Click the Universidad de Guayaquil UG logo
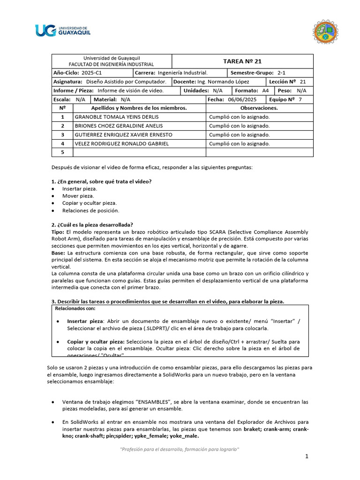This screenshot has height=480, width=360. point(62,30)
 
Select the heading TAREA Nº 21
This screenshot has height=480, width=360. point(242,61)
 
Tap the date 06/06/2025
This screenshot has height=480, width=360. point(242,99)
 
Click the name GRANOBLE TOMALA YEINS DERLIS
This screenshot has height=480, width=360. point(117,117)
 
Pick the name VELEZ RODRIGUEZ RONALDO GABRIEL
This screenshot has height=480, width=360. point(122,143)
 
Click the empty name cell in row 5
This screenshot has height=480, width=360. point(139,152)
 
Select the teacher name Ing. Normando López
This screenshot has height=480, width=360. point(223,82)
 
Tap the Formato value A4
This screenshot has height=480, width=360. point(265,90)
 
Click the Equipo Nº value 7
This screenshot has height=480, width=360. point(300,99)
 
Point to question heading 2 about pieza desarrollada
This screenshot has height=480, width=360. point(92,225)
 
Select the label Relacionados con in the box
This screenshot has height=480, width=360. point(75,309)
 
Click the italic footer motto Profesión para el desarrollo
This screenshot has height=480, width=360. point(180,449)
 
